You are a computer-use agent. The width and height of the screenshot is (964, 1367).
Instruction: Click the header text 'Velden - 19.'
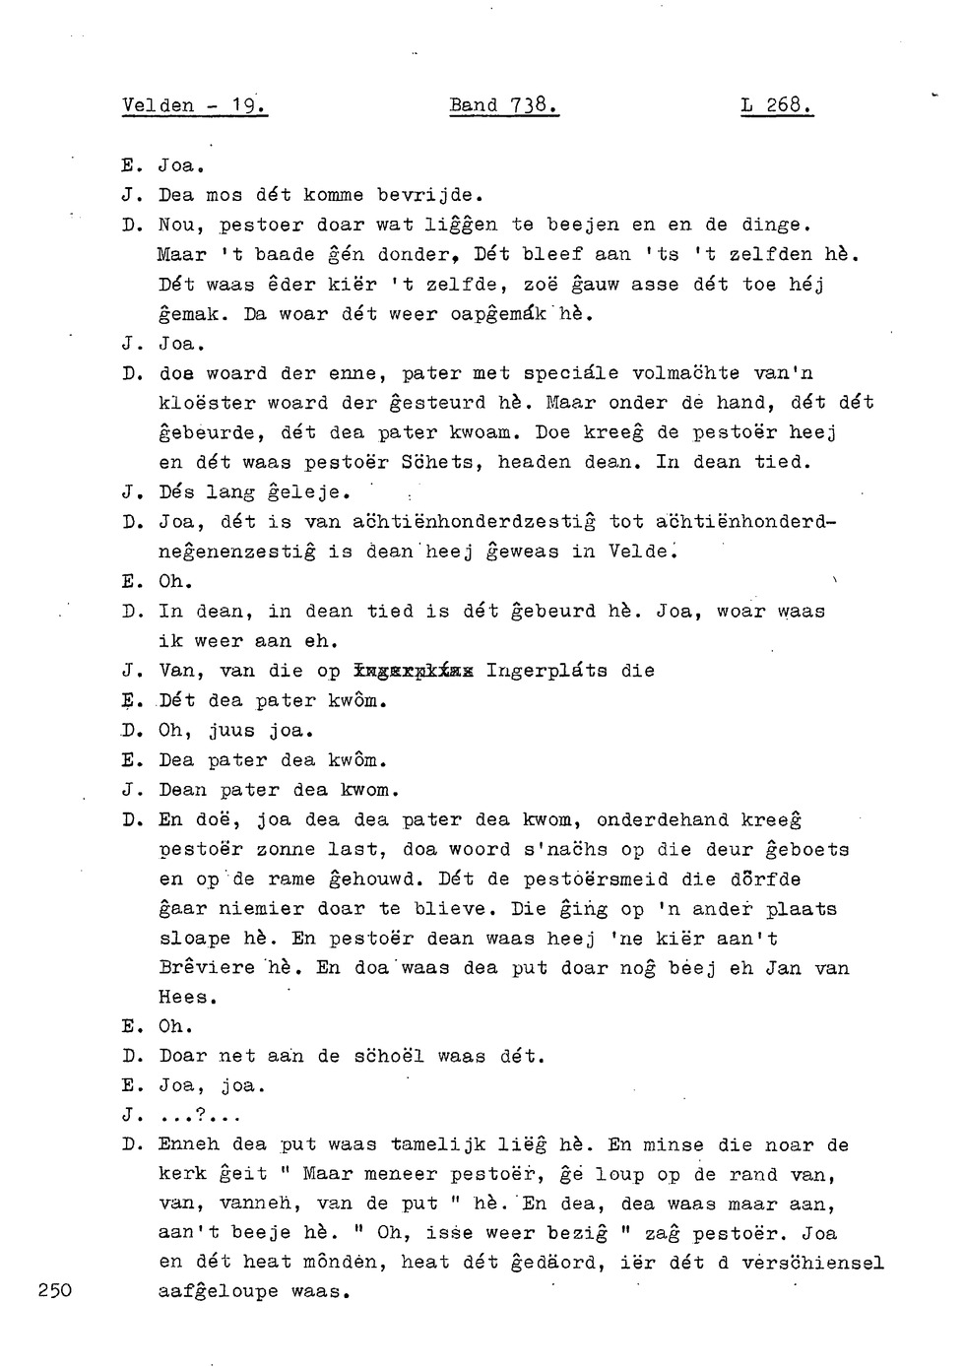(195, 105)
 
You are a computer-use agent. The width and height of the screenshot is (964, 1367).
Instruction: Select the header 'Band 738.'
(503, 105)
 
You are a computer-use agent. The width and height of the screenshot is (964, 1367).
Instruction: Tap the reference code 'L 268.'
(776, 105)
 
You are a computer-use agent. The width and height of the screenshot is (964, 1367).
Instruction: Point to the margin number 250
(55, 1291)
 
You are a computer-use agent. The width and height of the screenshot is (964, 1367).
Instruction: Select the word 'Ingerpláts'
(546, 671)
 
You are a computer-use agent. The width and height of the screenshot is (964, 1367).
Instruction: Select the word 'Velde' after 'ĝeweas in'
(639, 552)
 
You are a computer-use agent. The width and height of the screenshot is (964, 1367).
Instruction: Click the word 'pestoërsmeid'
(596, 879)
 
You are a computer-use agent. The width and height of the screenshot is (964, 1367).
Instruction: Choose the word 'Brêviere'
(207, 968)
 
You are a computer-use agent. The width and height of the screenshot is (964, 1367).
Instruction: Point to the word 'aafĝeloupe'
(219, 1291)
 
